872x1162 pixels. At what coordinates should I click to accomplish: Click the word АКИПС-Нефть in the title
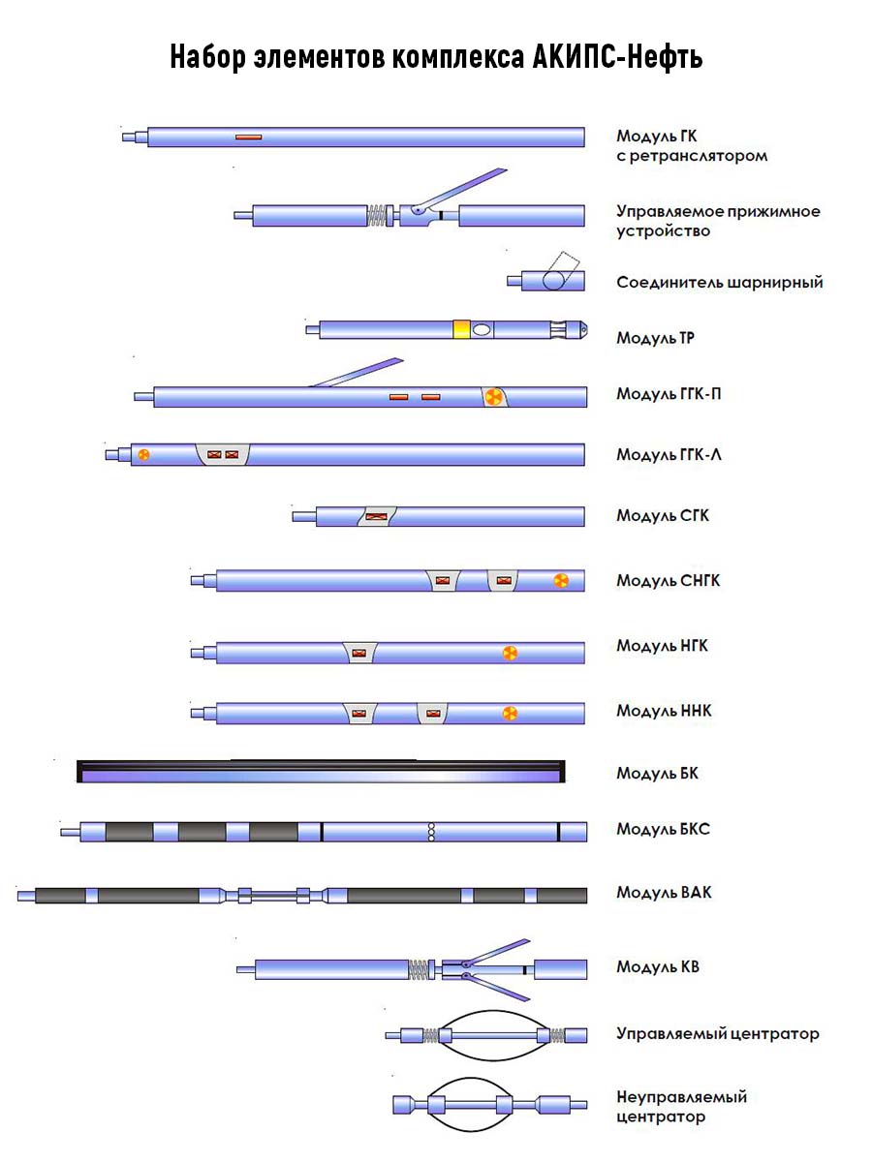pos(617,58)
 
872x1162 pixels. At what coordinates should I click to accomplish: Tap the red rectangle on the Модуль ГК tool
pos(249,138)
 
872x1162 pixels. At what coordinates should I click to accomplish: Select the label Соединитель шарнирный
pos(719,283)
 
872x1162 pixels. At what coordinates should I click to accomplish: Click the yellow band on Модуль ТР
pos(461,329)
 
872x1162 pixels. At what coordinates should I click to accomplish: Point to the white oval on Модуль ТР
pos(482,329)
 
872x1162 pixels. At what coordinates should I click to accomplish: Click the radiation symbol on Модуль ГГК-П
pos(493,397)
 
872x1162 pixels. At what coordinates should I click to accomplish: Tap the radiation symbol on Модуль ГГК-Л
pos(143,454)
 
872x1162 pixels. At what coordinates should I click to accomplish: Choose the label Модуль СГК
pos(663,516)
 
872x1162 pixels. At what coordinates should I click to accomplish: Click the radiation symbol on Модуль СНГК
pos(560,581)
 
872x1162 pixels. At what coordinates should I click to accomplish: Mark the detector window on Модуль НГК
pos(360,653)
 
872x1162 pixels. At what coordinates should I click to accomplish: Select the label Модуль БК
pos(657,774)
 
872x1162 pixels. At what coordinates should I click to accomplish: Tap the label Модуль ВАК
pos(664,892)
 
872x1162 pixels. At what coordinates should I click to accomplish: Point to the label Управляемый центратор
pos(717,1034)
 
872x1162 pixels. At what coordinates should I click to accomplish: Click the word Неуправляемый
pos(682,1098)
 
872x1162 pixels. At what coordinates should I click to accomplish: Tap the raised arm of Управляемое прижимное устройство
pos(465,189)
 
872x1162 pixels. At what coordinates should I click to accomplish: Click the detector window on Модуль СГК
pos(375,516)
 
